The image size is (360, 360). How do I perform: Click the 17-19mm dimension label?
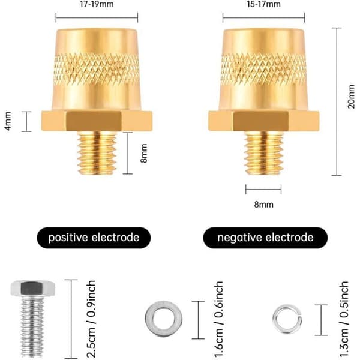[x=97, y=4]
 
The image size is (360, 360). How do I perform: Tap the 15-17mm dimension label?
[x=263, y=4]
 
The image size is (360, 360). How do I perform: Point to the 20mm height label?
[x=351, y=97]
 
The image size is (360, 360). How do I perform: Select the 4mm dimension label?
[x=8, y=121]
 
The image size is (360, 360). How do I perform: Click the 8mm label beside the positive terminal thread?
[x=144, y=153]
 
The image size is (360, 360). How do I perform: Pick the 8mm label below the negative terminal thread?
[x=264, y=205]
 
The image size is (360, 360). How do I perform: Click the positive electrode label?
[x=94, y=238]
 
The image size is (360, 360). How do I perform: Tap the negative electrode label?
[x=265, y=238]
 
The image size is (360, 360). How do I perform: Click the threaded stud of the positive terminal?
[x=97, y=153]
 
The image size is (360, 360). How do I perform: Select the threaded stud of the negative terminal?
[x=264, y=153]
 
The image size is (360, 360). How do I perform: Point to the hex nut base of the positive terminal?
[x=97, y=121]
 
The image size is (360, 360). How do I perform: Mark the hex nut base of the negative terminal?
[x=264, y=121]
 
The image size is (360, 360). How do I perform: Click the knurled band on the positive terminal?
[x=97, y=69]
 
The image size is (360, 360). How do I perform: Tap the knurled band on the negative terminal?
[x=264, y=69]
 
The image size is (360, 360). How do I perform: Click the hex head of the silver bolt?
[x=32, y=288]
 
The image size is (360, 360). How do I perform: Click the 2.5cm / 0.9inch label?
[x=91, y=319]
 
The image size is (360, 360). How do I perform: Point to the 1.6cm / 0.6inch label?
[x=218, y=319]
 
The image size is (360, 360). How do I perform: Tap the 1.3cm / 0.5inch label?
[x=344, y=319]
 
